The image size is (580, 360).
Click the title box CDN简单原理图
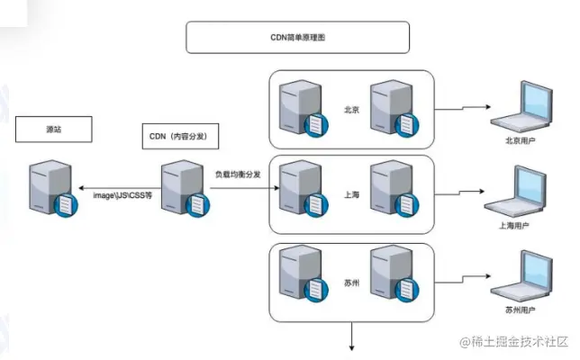[297, 38]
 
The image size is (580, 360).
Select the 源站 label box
[54, 129]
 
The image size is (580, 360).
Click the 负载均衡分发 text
[238, 175]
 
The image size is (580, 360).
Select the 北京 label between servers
[351, 111]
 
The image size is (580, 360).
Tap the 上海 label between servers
[351, 194]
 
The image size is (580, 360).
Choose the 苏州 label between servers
[351, 281]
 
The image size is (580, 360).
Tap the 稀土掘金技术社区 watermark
[515, 342]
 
